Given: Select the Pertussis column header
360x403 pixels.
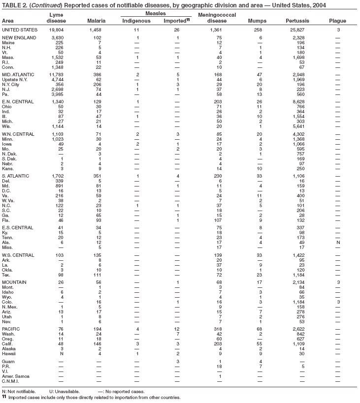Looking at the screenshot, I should pyautogui.click(x=295, y=21).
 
